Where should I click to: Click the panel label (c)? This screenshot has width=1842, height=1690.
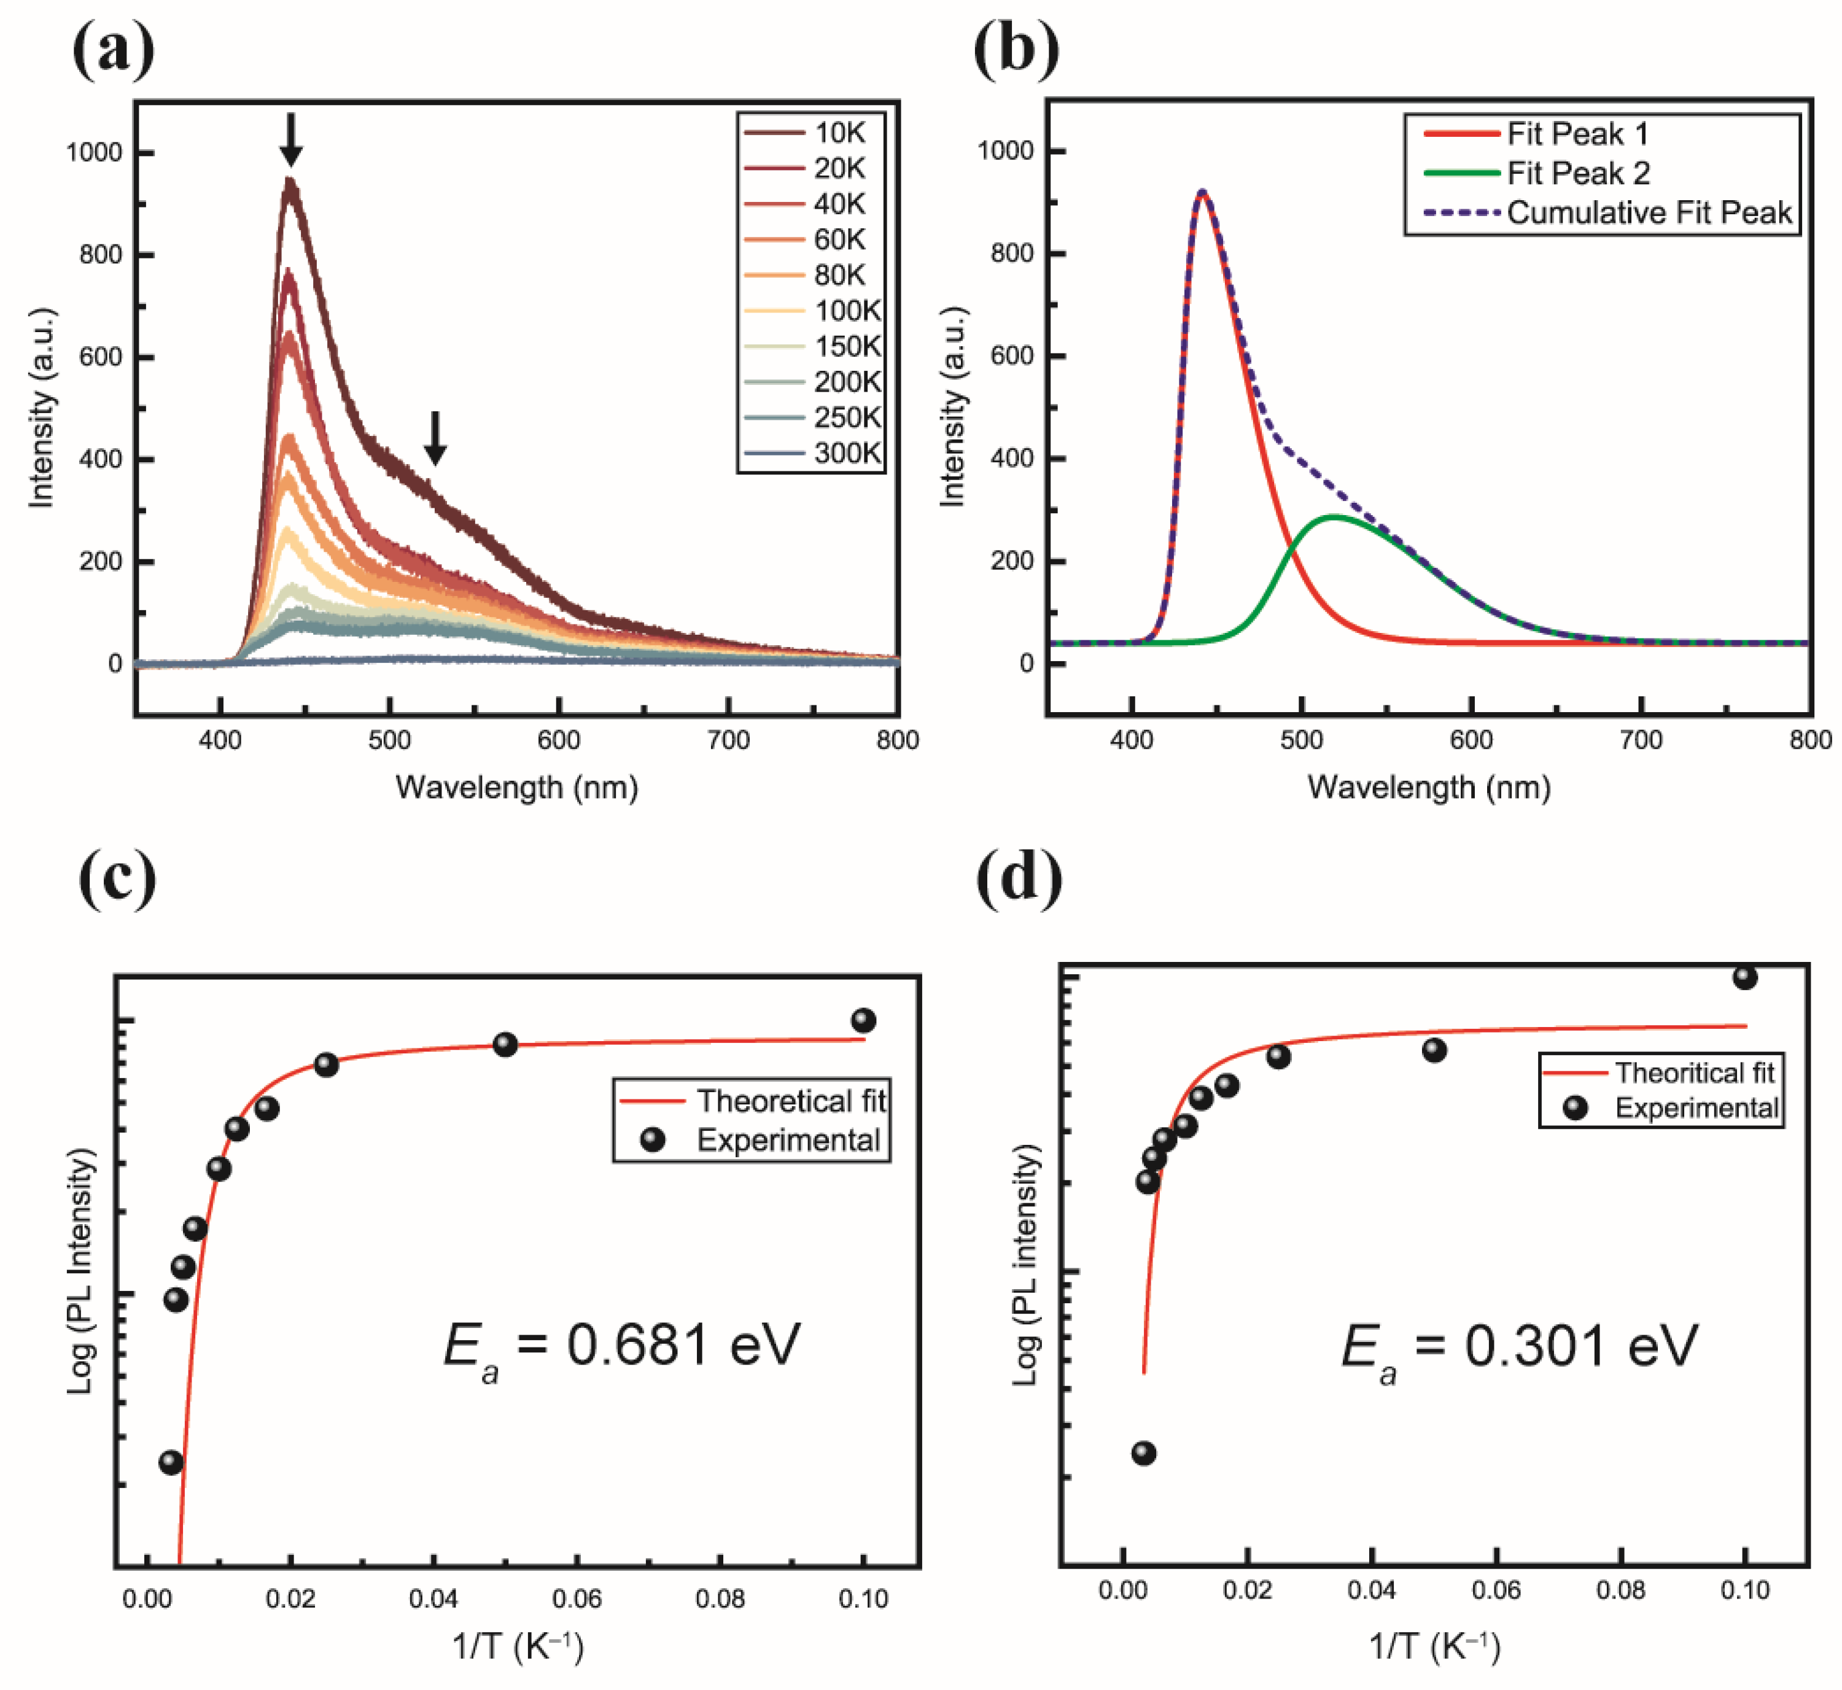[x=117, y=878]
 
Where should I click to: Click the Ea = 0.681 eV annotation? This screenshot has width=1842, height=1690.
[x=622, y=1347]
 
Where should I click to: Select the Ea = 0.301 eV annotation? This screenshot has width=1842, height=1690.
[x=1519, y=1347]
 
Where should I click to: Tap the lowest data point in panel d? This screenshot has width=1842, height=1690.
[x=1143, y=1453]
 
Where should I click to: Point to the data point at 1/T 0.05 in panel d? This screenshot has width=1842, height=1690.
[x=1434, y=1050]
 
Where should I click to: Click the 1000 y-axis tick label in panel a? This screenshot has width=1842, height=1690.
[x=94, y=153]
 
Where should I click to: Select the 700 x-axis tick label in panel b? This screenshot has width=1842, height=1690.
[x=1641, y=740]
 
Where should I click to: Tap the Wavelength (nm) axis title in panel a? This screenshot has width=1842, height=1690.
[x=517, y=788]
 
